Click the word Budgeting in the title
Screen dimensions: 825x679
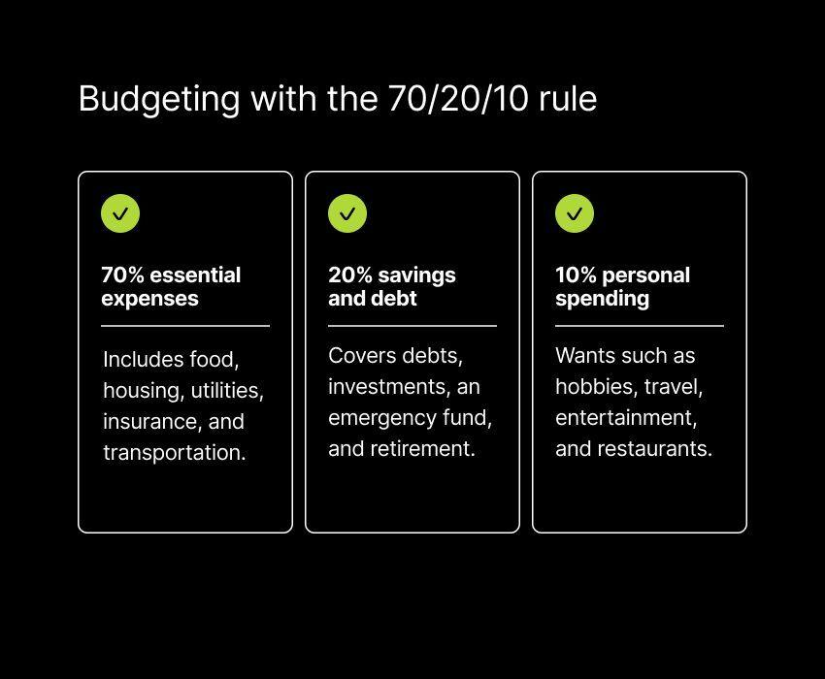click(159, 99)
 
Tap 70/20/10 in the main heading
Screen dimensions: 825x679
click(458, 98)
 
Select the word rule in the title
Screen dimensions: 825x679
click(568, 98)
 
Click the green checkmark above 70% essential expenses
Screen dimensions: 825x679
click(120, 213)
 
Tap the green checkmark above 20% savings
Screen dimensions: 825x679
click(347, 213)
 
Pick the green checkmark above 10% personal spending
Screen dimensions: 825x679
click(575, 213)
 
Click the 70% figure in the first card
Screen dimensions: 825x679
click(122, 275)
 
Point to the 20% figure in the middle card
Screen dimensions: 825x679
click(349, 275)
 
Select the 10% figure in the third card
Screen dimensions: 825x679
click(576, 275)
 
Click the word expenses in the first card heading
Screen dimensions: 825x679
click(149, 300)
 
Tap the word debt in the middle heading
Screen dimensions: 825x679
click(396, 298)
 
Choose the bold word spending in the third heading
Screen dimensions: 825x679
click(603, 300)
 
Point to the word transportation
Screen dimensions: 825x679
click(175, 452)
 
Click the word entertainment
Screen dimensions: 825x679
click(626, 418)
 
